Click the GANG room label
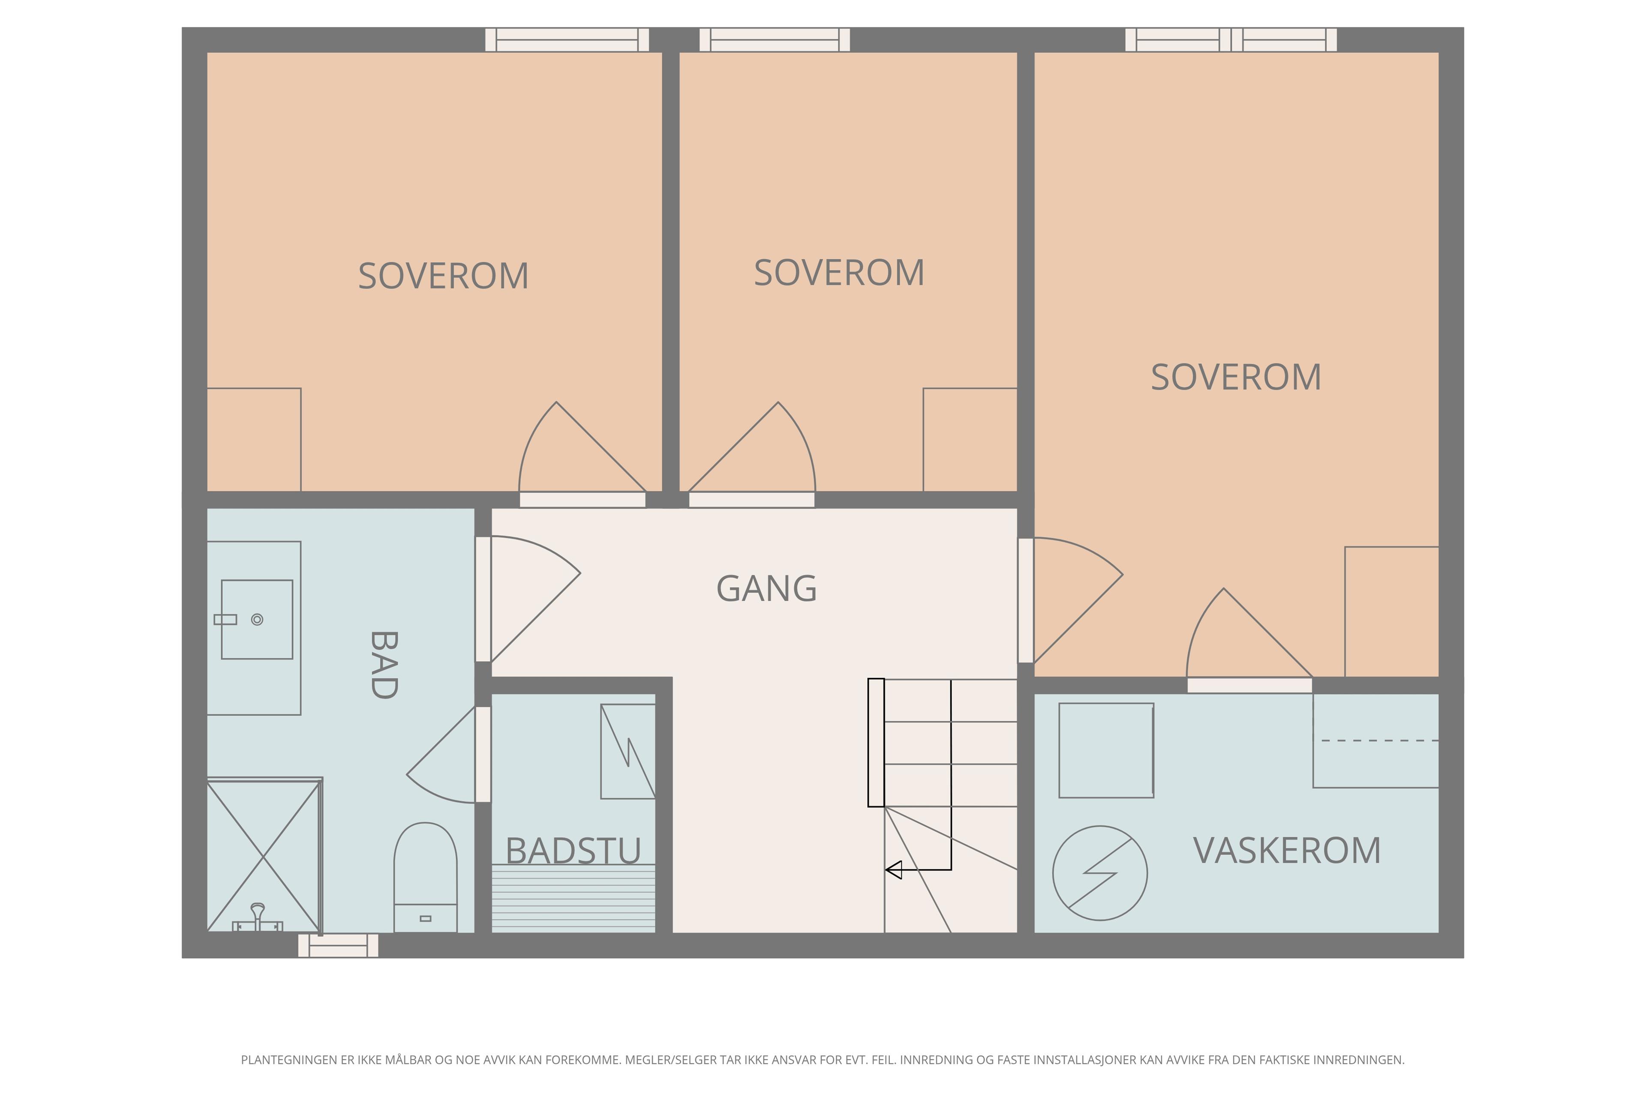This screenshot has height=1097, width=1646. pyautogui.click(x=766, y=588)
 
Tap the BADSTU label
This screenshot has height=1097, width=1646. pyautogui.click(x=573, y=851)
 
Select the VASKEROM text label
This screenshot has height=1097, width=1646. pyautogui.click(x=1286, y=851)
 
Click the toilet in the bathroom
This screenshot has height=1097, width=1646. pyautogui.click(x=426, y=877)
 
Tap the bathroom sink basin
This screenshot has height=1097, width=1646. pyautogui.click(x=257, y=619)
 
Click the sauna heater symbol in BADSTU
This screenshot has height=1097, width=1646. pyautogui.click(x=628, y=751)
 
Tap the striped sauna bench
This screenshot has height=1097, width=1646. pyautogui.click(x=573, y=898)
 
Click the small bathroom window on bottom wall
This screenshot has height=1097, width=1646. pyautogui.click(x=338, y=945)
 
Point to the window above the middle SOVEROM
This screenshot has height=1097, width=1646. pyautogui.click(x=774, y=40)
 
